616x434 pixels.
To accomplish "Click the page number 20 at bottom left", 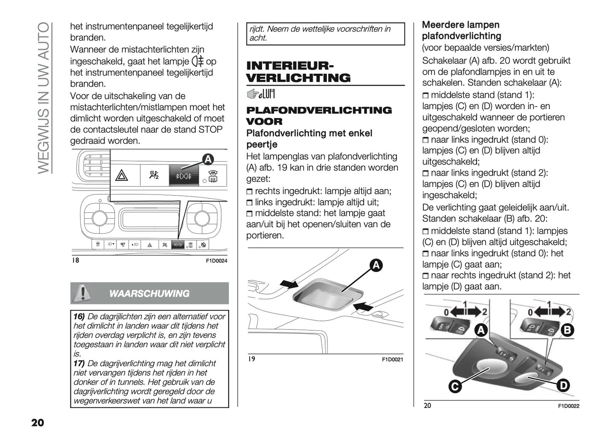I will (38, 422).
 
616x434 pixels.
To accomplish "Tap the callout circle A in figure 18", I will (207, 159).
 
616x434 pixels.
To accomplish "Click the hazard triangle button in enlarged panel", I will (122, 175).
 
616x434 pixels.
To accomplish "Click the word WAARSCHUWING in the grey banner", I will (149, 294).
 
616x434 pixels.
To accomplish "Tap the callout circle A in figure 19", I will (376, 265).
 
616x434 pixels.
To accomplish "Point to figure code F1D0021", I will (392, 360).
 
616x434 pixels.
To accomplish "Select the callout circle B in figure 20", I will (567, 330).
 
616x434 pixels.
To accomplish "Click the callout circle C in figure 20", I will (455, 387).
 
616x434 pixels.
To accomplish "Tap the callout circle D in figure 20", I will (563, 385).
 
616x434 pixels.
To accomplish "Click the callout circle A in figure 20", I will (481, 330).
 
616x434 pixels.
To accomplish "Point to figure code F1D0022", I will (569, 406).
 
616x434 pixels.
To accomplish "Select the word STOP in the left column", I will (211, 129).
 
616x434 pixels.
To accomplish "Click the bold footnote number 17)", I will (79, 363).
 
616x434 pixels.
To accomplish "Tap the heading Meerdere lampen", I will (460, 25).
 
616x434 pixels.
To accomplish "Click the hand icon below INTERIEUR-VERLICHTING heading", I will (254, 93).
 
